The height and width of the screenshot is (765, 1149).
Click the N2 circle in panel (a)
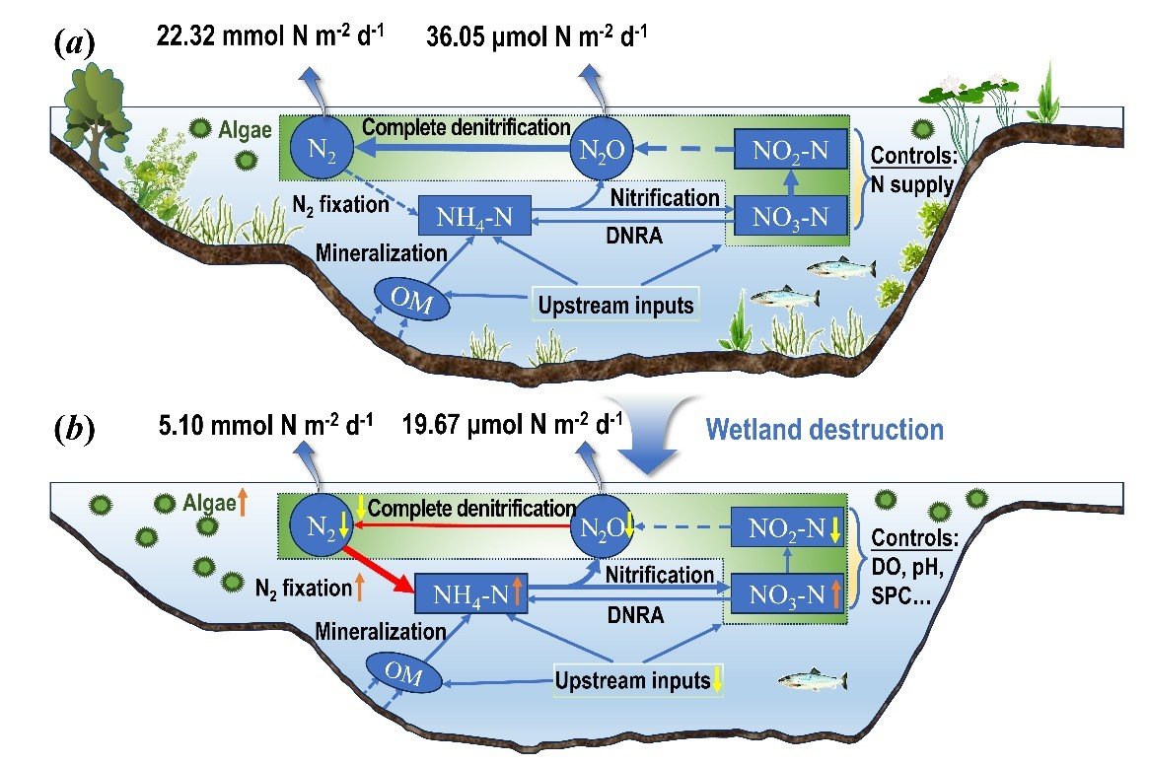tap(322, 148)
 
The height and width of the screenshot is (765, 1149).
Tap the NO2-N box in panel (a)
tap(791, 150)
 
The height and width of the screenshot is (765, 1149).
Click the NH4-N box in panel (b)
tap(471, 593)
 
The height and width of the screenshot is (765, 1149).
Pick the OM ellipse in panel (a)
tap(412, 299)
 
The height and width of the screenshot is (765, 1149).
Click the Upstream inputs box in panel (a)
tap(615, 305)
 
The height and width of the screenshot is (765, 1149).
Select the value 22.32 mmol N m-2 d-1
tap(270, 35)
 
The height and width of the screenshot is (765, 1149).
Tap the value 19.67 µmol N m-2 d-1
tap(512, 424)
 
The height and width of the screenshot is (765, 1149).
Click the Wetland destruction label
tap(825, 430)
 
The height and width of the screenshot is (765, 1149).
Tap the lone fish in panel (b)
tap(813, 681)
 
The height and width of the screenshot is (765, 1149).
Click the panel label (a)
tap(75, 45)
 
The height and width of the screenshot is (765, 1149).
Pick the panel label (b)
tap(75, 430)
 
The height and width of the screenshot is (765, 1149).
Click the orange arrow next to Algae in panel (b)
tap(243, 503)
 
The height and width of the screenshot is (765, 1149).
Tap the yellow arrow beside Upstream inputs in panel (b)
tap(717, 680)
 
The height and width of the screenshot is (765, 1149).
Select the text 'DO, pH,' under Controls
tap(906, 567)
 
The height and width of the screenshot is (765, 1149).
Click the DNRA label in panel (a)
tap(634, 236)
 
